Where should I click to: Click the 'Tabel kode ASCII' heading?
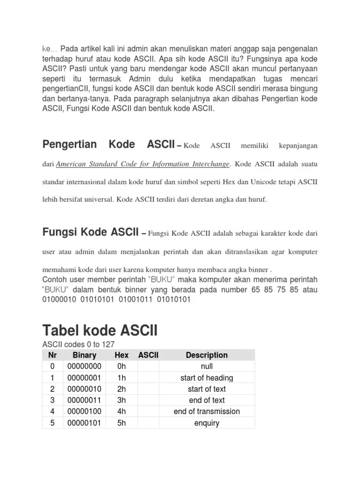(x=100, y=330)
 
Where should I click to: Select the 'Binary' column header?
(x=84, y=355)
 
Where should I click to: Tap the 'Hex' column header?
(x=121, y=355)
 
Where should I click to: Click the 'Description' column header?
(x=206, y=355)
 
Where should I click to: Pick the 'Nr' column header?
(x=52, y=355)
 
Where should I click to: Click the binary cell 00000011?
(x=84, y=400)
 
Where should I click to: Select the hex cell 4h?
(x=121, y=412)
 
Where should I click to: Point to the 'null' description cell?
(x=206, y=366)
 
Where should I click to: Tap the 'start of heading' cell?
(x=206, y=378)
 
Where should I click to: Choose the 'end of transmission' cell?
(x=206, y=412)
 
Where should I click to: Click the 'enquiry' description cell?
(x=206, y=423)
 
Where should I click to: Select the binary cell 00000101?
(x=84, y=423)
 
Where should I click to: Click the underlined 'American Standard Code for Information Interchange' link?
(x=143, y=164)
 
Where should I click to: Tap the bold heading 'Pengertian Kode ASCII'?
(x=108, y=144)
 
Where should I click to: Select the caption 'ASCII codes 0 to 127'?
(x=78, y=345)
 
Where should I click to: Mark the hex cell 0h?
(x=121, y=366)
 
